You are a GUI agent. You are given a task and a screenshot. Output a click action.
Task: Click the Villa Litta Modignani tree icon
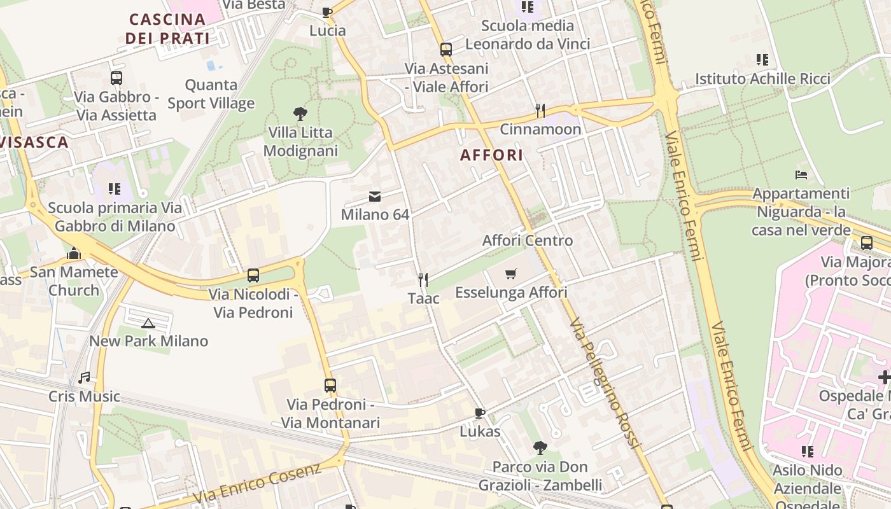(300, 115)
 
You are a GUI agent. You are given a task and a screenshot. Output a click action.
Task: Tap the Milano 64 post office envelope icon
(375, 196)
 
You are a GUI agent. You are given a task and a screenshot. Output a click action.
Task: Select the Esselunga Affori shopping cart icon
(510, 274)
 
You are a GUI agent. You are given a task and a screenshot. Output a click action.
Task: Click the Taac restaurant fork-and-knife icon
(423, 279)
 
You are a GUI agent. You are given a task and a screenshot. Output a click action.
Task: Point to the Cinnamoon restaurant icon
(540, 111)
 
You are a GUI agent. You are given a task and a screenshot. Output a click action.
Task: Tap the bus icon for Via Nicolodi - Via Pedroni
(253, 275)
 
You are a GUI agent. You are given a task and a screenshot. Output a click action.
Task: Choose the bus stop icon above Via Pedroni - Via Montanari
(330, 385)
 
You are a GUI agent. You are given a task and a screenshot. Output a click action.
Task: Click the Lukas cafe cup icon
(480, 413)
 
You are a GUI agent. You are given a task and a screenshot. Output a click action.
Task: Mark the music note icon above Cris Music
(84, 378)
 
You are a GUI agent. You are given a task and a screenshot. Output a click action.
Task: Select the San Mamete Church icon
(74, 253)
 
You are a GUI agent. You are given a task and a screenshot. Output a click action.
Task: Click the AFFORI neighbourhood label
(491, 155)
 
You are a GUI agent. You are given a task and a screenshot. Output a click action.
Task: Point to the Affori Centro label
(528, 241)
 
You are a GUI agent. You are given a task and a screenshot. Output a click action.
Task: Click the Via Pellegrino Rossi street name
(604, 383)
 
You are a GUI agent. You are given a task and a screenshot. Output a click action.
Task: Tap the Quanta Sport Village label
(211, 94)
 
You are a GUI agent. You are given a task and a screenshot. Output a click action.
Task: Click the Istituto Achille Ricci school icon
(762, 60)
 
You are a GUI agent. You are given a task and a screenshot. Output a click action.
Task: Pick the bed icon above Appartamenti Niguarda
(801, 174)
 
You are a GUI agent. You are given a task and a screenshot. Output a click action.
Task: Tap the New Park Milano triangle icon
(148, 323)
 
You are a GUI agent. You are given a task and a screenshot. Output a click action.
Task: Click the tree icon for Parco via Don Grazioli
(540, 448)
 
